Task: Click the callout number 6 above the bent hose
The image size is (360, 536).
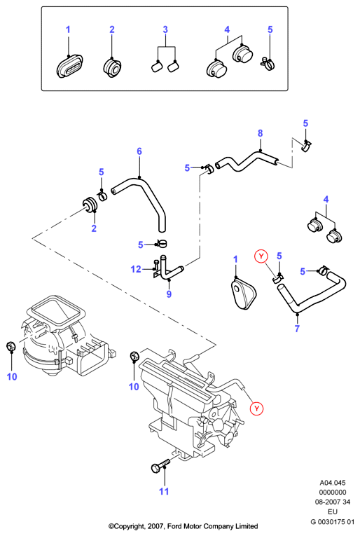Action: point(139,151)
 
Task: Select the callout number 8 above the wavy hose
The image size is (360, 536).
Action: point(261,133)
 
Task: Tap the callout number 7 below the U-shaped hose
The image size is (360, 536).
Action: point(297,329)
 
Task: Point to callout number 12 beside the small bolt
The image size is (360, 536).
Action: point(136,269)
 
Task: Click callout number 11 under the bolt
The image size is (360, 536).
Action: point(164,491)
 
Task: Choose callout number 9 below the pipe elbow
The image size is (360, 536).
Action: point(169,294)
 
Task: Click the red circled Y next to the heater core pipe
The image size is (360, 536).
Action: point(256,408)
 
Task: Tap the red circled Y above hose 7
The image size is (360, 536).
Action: point(261,256)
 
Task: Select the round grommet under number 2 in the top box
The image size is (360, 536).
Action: point(112,68)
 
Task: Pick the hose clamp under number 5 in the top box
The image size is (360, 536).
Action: point(268,63)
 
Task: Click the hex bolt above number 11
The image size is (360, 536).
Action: point(160,465)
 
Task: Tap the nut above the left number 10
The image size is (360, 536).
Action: point(11,346)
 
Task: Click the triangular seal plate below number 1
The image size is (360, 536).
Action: point(242,294)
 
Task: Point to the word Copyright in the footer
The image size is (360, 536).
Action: point(130,526)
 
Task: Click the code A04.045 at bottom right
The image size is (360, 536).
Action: point(332,483)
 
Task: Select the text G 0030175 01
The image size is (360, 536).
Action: point(332,522)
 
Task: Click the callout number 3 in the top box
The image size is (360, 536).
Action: point(165,29)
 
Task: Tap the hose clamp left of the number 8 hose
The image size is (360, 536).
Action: point(209,170)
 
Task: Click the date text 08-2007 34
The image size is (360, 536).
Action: point(332,502)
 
